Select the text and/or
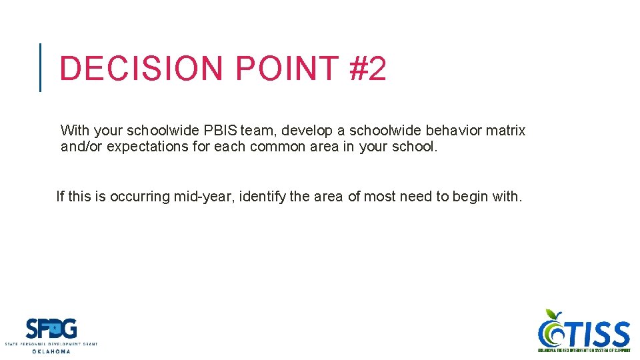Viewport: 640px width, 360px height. pyautogui.click(x=81, y=147)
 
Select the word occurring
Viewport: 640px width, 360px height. pyautogui.click(x=140, y=197)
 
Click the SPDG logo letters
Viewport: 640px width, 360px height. pyautogui.click(x=51, y=329)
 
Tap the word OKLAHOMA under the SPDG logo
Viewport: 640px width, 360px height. pyautogui.click(x=51, y=351)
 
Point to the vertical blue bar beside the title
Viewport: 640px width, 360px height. pyautogui.click(x=41, y=67)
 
